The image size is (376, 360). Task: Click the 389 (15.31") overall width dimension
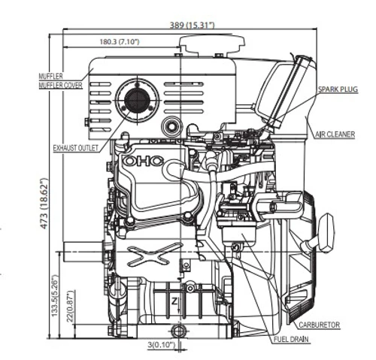click(x=193, y=25)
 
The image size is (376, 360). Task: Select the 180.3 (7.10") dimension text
click(x=120, y=41)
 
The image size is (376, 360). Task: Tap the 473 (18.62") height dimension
click(x=44, y=203)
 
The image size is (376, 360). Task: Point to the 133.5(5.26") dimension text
click(x=55, y=296)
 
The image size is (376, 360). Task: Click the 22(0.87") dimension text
click(x=71, y=306)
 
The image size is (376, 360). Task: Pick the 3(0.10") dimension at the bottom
click(x=161, y=345)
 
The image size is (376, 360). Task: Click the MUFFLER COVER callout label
click(x=60, y=85)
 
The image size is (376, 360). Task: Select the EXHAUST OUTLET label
click(x=76, y=148)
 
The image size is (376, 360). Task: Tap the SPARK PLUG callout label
click(x=338, y=89)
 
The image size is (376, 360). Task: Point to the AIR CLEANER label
click(x=335, y=135)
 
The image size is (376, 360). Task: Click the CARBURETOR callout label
click(x=320, y=325)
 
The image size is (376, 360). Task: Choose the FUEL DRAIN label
click(x=291, y=340)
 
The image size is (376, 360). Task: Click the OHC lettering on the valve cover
click(x=144, y=161)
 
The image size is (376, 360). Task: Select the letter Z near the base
click(x=174, y=301)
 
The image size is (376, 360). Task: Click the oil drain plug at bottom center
click(x=178, y=331)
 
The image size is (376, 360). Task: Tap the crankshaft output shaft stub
click(x=83, y=252)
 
